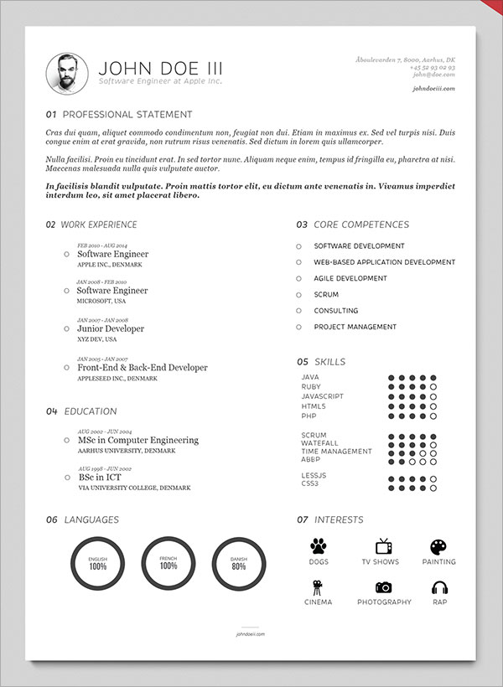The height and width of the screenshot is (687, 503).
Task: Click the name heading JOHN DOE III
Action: coord(161,69)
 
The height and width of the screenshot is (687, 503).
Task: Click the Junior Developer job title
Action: coord(111,329)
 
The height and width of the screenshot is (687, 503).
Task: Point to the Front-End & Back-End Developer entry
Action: coord(142,368)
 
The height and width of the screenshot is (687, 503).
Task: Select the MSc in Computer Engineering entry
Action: coord(137,440)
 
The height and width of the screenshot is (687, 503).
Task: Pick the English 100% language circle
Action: coord(98,562)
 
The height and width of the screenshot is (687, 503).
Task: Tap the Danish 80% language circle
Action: coord(239,562)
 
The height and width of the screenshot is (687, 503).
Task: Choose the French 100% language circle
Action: coord(169,562)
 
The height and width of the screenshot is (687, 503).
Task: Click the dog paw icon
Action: coord(319,546)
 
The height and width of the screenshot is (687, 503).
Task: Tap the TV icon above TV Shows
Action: coord(383,546)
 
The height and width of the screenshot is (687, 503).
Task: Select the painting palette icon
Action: coord(438,546)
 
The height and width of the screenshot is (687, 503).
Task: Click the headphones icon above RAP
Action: coord(439,587)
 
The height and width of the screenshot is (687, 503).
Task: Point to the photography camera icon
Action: coord(384,587)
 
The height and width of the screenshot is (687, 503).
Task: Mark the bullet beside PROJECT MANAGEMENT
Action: coord(298,327)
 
